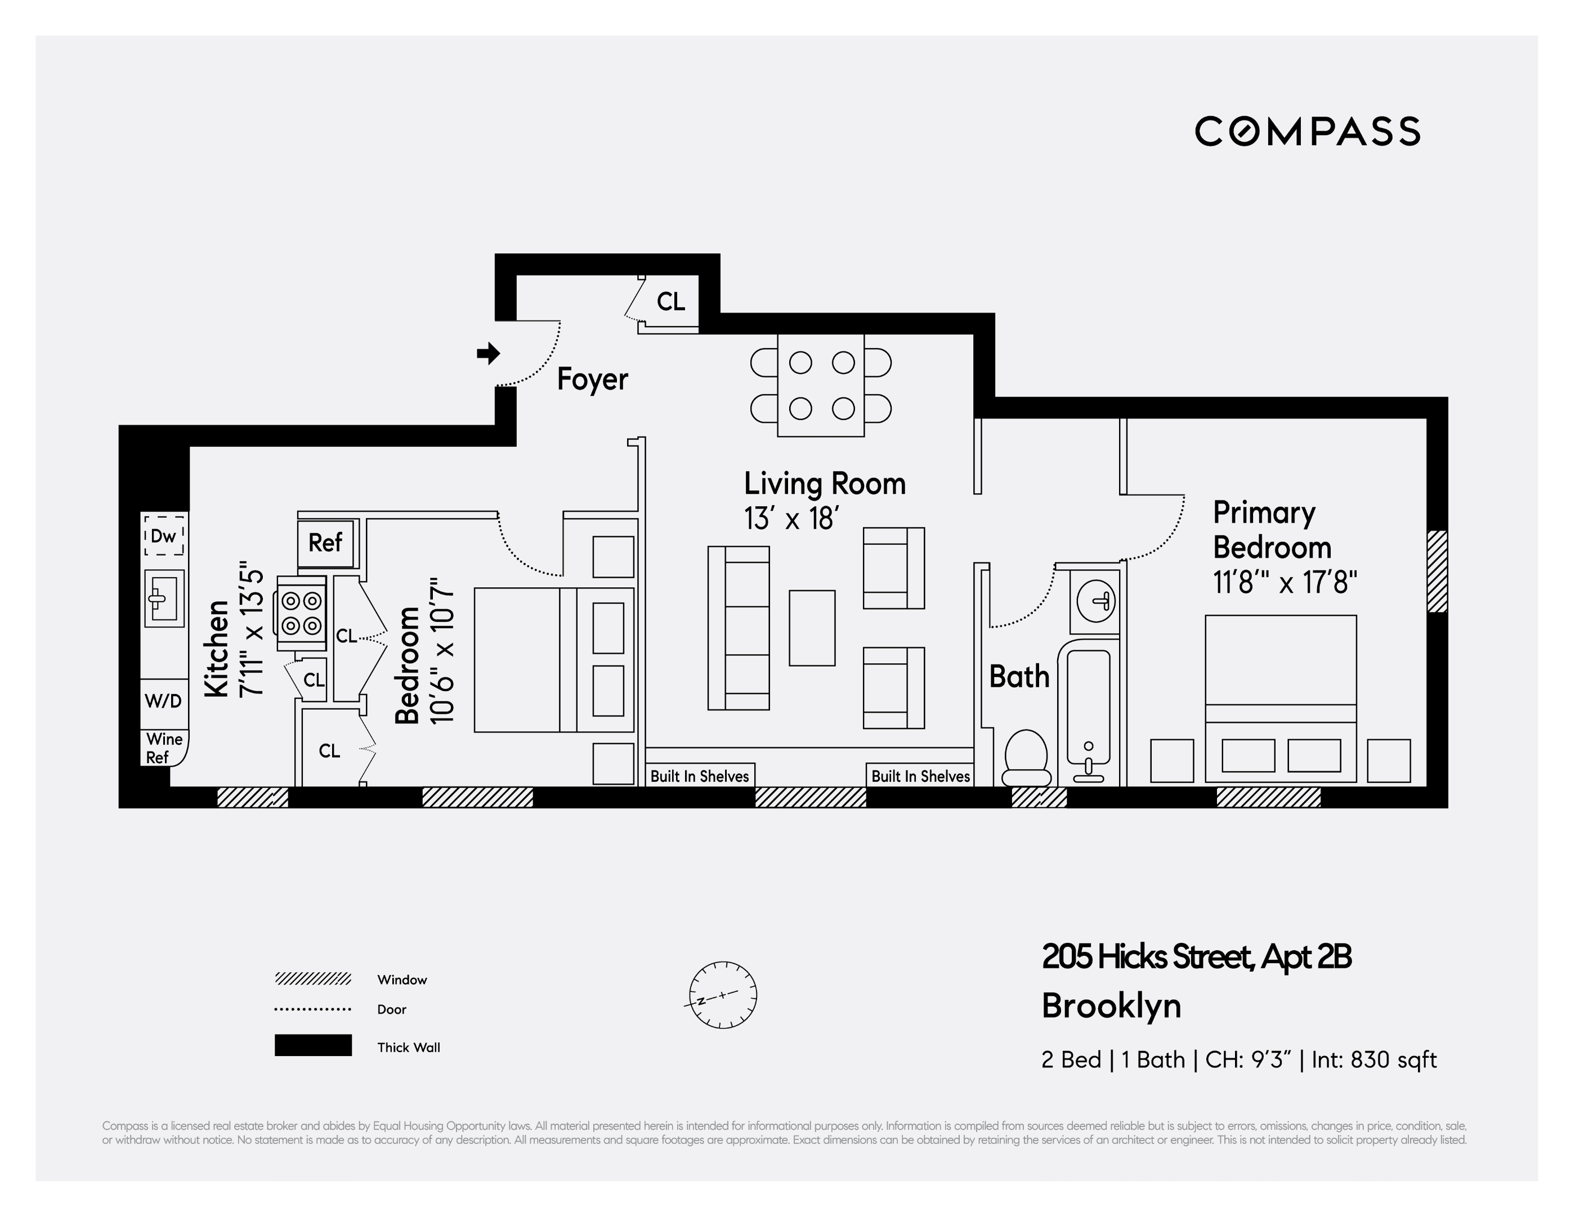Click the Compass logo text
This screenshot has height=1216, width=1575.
point(1306,131)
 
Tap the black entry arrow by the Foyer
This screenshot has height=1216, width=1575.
point(488,354)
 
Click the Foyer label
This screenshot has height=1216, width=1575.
point(592,379)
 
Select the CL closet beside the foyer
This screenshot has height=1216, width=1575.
point(670,302)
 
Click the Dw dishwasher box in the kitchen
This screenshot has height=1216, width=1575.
point(164,536)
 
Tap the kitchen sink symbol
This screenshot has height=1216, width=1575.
point(164,598)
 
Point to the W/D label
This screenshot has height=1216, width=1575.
point(163,701)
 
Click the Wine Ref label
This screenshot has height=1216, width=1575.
point(163,748)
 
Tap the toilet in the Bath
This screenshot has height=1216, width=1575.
point(1026,757)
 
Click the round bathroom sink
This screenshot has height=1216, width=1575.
point(1095,600)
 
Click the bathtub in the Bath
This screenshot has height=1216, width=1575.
point(1088,714)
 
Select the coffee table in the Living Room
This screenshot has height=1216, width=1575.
point(812,628)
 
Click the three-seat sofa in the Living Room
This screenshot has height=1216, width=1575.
point(739,628)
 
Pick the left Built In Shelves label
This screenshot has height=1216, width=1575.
point(700,776)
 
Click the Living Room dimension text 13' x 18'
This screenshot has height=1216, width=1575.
point(790,518)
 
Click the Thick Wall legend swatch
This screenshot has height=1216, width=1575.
point(313,1045)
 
